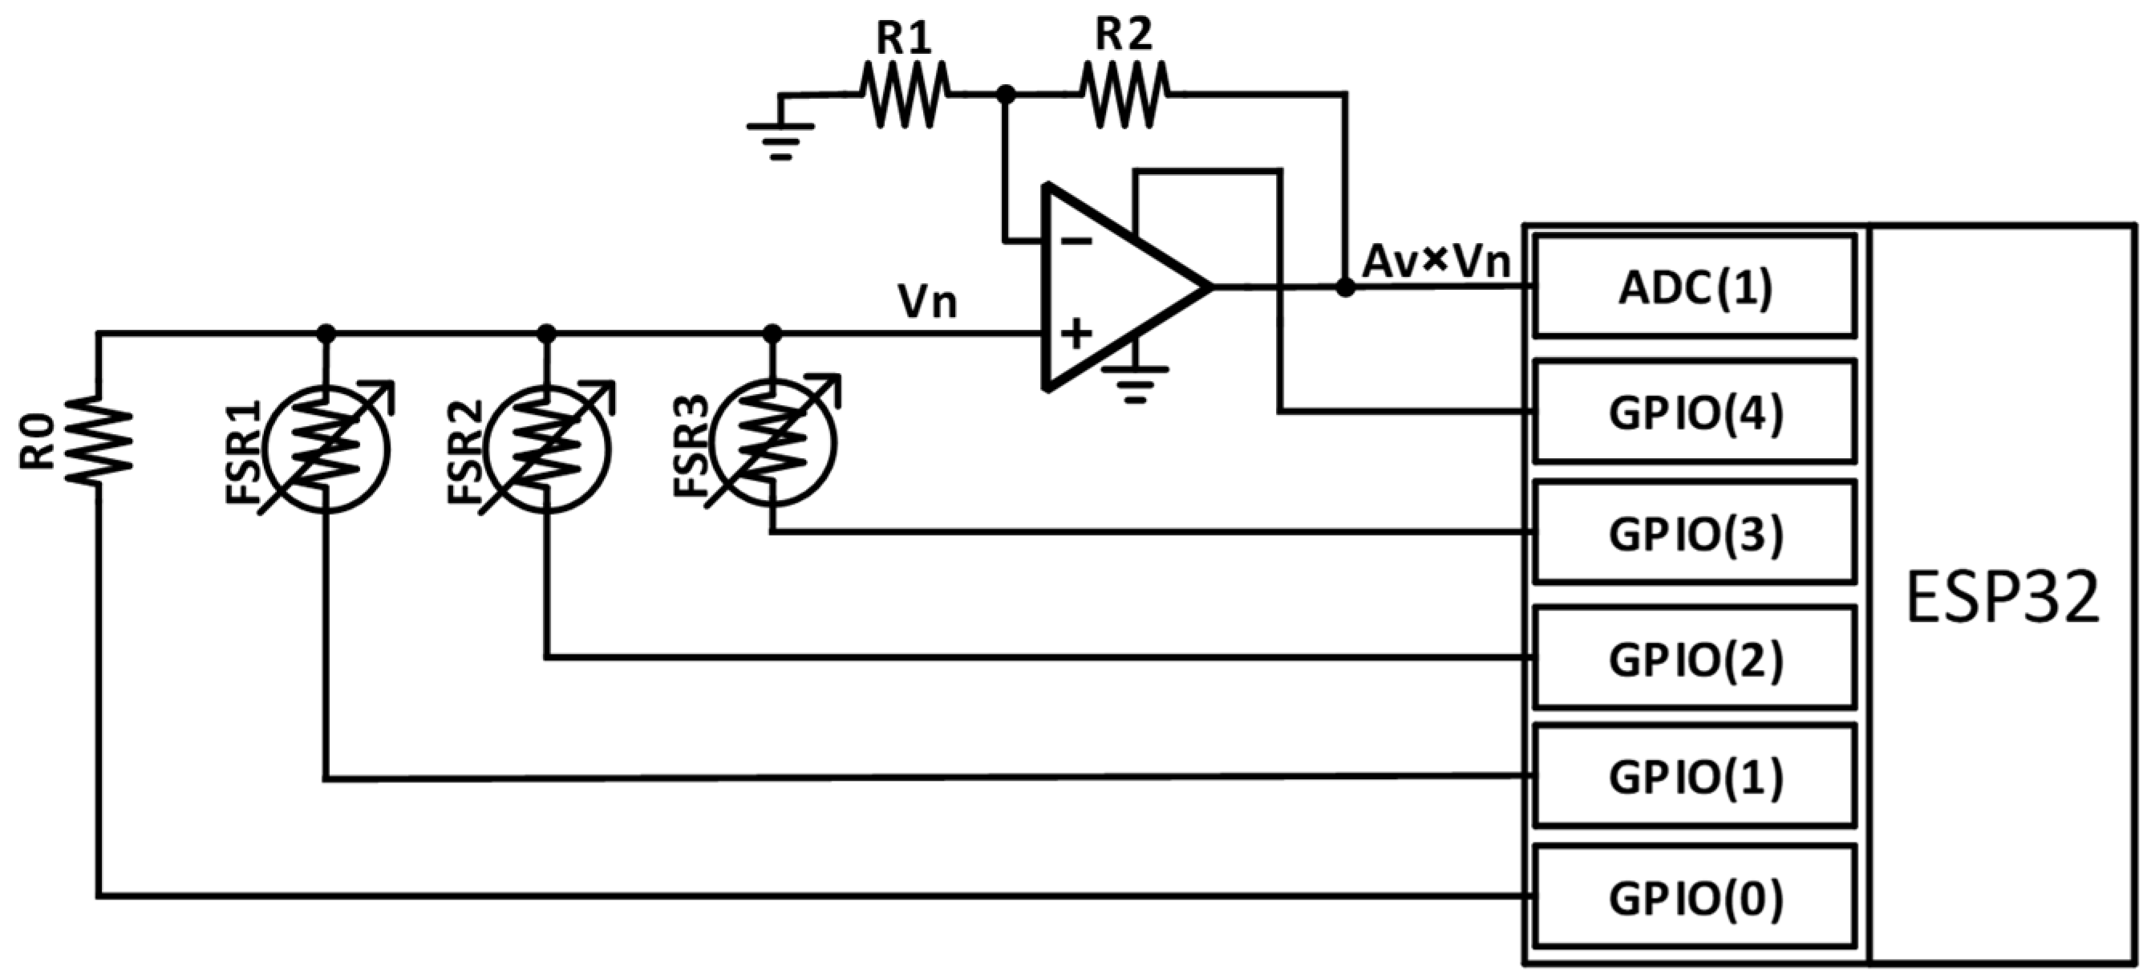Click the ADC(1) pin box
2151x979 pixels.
click(1695, 286)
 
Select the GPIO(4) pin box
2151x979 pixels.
click(1695, 412)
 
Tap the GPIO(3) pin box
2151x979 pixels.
click(1695, 533)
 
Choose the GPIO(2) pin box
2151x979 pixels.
click(1695, 658)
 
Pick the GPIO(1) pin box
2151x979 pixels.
click(1695, 777)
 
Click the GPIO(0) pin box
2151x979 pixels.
click(1695, 898)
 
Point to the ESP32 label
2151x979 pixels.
click(2003, 598)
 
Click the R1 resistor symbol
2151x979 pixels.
click(905, 95)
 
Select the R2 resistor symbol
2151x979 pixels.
click(1124, 95)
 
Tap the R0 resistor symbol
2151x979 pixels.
click(99, 439)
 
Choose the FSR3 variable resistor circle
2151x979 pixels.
click(773, 443)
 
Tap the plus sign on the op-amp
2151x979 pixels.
click(1076, 333)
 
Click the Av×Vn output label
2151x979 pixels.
click(1436, 262)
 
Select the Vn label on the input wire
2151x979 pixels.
click(927, 302)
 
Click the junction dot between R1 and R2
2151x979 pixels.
click(1007, 95)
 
